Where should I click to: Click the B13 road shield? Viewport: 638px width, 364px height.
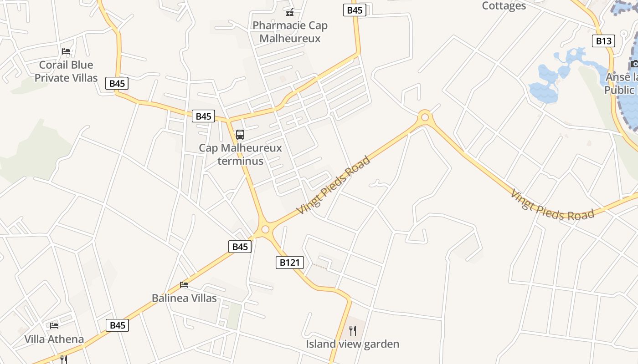click(604, 41)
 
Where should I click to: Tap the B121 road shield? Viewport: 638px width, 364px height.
click(289, 263)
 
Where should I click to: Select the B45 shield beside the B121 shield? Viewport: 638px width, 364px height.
click(240, 247)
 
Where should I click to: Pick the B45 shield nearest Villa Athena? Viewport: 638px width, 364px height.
click(118, 325)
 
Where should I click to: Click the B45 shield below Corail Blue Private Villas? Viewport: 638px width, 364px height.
click(117, 83)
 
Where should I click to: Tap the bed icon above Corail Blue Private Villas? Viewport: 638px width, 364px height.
click(66, 51)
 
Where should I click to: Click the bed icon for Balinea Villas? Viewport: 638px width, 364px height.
click(184, 285)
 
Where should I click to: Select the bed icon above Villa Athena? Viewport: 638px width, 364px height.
click(54, 325)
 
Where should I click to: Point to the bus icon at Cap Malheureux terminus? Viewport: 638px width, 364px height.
click(240, 135)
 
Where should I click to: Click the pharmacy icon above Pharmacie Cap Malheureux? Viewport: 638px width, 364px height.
click(290, 12)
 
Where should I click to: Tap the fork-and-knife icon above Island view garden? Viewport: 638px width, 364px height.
click(352, 330)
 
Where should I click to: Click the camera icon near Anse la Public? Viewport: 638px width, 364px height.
click(634, 64)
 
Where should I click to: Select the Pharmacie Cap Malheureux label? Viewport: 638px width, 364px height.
click(290, 32)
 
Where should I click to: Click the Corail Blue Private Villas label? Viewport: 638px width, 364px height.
click(66, 71)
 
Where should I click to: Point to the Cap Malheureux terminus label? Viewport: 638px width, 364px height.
click(240, 155)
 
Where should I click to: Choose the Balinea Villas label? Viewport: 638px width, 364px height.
click(184, 298)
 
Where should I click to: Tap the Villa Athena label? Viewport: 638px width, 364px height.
click(54, 339)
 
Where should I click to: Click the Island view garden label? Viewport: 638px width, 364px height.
click(352, 344)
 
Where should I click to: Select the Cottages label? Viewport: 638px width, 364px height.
click(504, 6)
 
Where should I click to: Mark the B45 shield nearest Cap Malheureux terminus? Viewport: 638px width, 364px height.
click(203, 116)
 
